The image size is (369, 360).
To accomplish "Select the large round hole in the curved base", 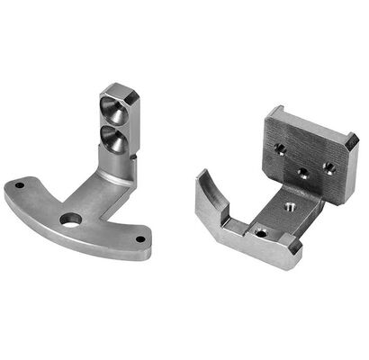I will click(x=69, y=219).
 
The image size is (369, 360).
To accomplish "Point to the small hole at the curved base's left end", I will click(x=18, y=187).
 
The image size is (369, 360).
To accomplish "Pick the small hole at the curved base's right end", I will click(x=140, y=239).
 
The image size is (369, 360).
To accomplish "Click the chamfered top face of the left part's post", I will click(x=120, y=91).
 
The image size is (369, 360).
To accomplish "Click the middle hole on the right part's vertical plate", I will click(x=304, y=169).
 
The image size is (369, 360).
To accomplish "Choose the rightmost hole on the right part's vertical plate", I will click(x=328, y=166).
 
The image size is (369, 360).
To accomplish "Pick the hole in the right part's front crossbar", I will click(x=260, y=232).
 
